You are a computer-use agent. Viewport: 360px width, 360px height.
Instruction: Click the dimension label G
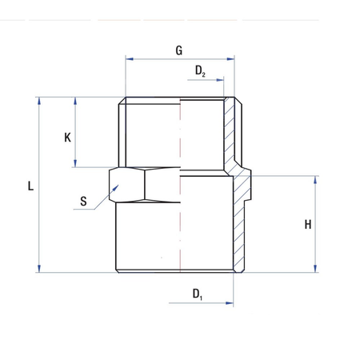coord(179,50)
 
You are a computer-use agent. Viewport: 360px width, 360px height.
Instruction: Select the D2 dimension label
coord(201,71)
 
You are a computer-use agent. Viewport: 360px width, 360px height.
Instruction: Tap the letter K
coord(67,137)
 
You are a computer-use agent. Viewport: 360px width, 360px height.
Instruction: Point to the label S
coord(83,202)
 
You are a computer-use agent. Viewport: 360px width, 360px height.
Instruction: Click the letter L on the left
coord(30,186)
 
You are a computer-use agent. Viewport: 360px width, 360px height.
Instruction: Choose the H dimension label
coord(307,225)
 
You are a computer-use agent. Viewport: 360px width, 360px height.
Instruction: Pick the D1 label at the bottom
coord(198,294)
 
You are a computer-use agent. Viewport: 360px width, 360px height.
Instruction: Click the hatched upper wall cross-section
coord(231,132)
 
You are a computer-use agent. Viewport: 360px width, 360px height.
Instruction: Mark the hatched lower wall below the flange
coord(237,228)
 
